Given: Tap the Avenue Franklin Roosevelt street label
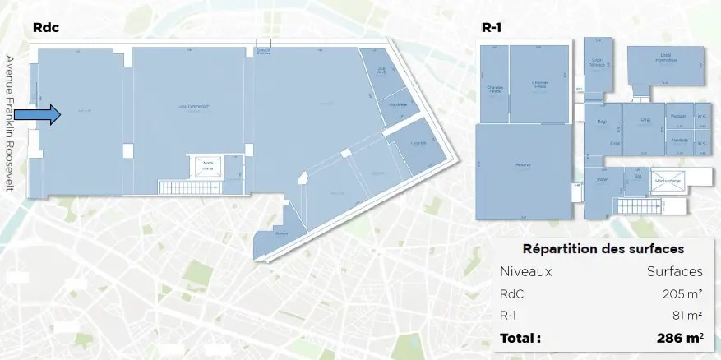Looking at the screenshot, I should [x=10, y=122].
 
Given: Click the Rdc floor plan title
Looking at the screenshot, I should [x=46, y=27].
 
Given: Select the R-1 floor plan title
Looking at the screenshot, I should [x=492, y=27].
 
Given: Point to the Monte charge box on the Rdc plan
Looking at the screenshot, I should [x=206, y=167].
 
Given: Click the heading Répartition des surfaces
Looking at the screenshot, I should [x=603, y=248].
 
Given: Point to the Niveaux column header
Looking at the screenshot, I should [x=525, y=271].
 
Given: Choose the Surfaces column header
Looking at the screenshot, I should [x=674, y=271].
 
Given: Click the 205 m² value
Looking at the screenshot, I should [x=682, y=293].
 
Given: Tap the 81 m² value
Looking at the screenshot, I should [x=686, y=315].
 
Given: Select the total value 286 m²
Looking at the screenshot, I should [x=679, y=338].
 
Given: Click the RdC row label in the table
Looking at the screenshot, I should [x=511, y=293].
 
